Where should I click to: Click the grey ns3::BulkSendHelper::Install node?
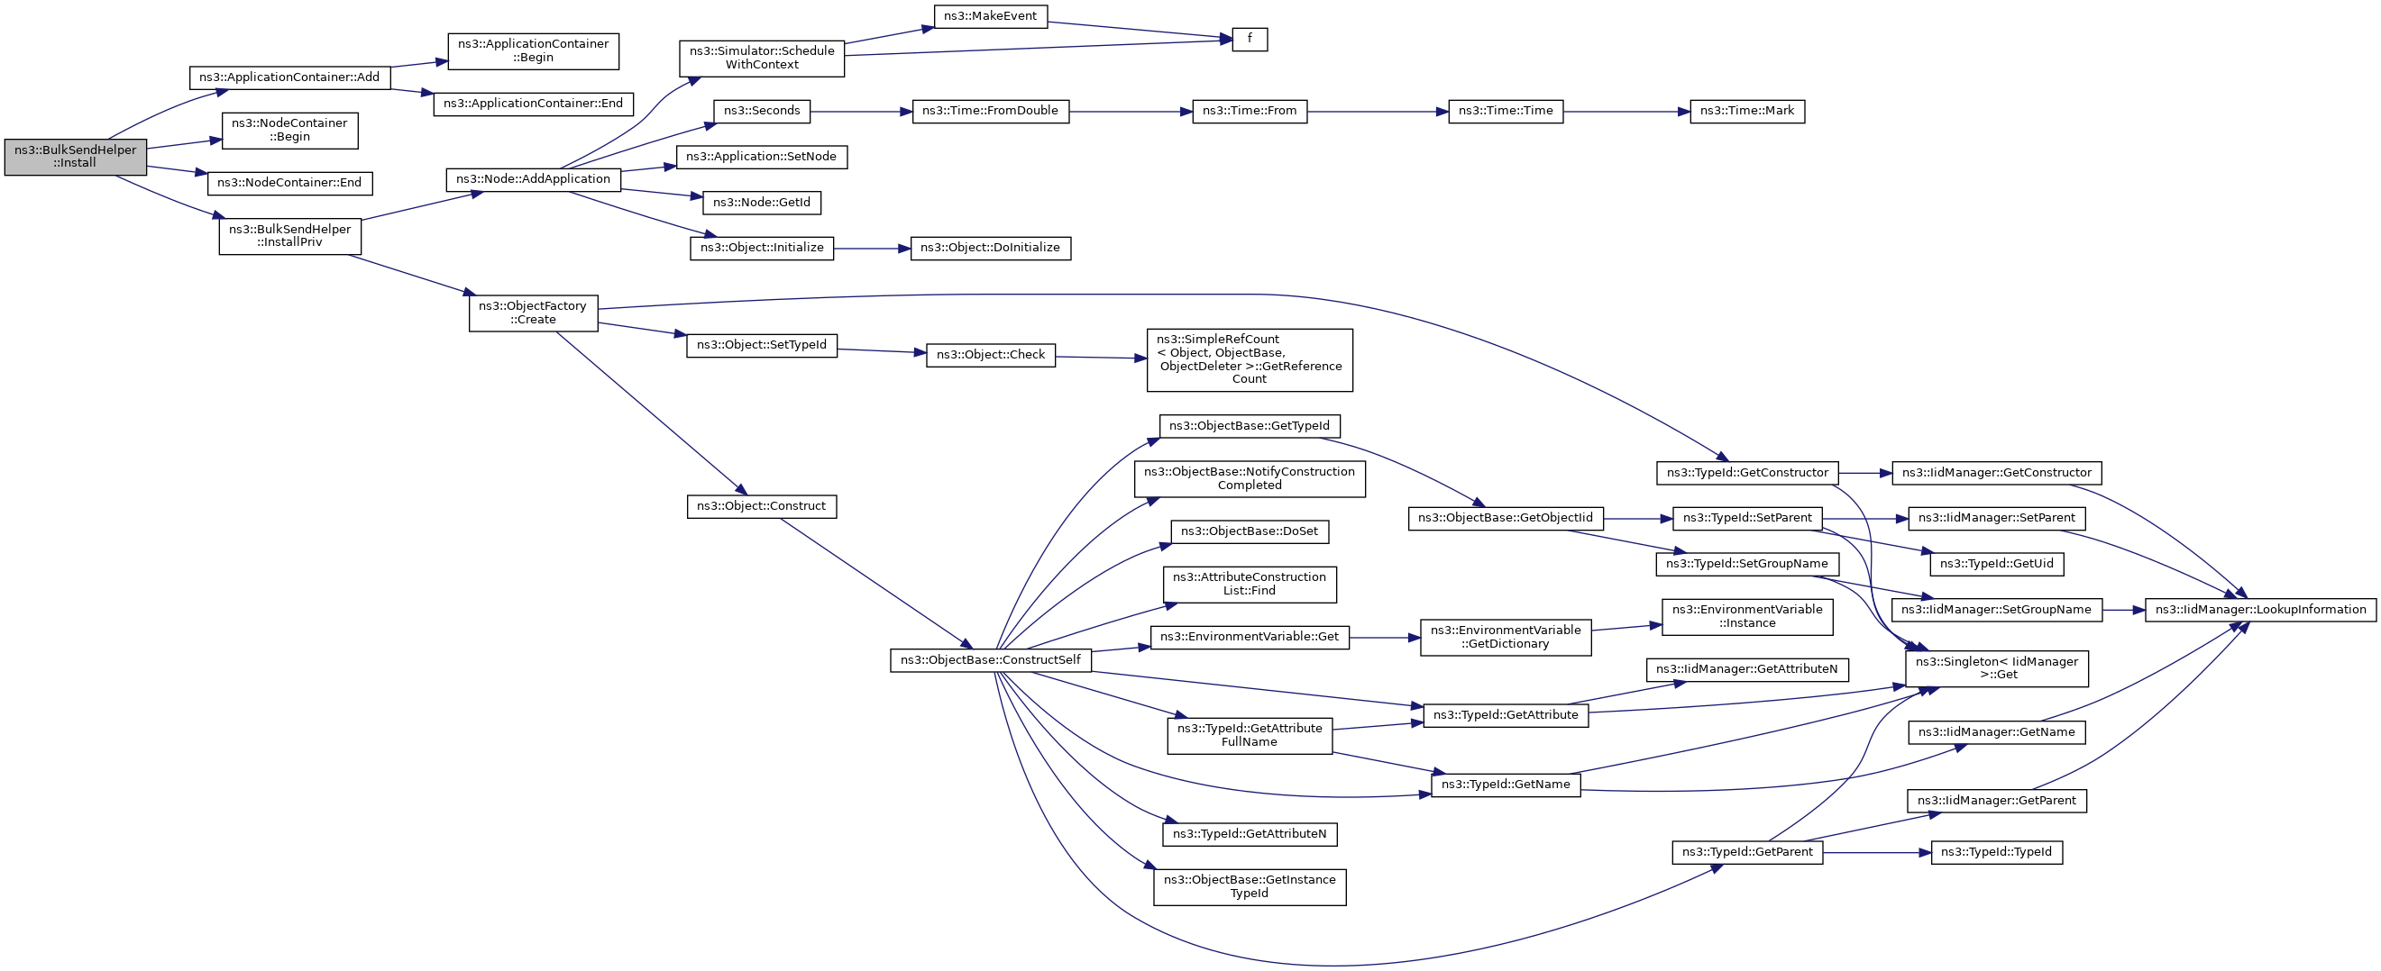pos(75,157)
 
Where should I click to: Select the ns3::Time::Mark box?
pos(1746,112)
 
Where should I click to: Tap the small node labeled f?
pos(1249,40)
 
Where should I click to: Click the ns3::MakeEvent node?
pos(990,16)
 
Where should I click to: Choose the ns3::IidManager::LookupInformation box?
pos(2259,610)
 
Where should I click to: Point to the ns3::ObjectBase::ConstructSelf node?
pos(990,660)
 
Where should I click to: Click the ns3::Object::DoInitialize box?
pos(990,249)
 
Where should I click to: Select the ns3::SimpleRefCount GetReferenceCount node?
pos(1249,359)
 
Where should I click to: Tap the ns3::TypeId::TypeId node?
pos(1995,853)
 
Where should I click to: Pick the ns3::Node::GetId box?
pos(761,203)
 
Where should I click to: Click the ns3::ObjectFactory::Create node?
pos(533,313)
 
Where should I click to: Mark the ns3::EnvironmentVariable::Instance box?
pos(1746,616)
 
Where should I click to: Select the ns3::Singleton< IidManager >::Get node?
pos(1995,668)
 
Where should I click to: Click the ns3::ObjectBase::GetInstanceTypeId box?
pos(1249,887)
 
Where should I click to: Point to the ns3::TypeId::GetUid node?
pos(1995,564)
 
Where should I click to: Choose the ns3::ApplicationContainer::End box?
pos(533,104)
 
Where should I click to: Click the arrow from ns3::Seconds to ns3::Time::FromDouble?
pos(860,112)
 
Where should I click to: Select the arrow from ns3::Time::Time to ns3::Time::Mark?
pos(1625,112)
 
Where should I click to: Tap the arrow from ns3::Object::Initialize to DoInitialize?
pos(872,249)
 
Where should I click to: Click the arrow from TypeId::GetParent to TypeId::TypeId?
pos(1876,853)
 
